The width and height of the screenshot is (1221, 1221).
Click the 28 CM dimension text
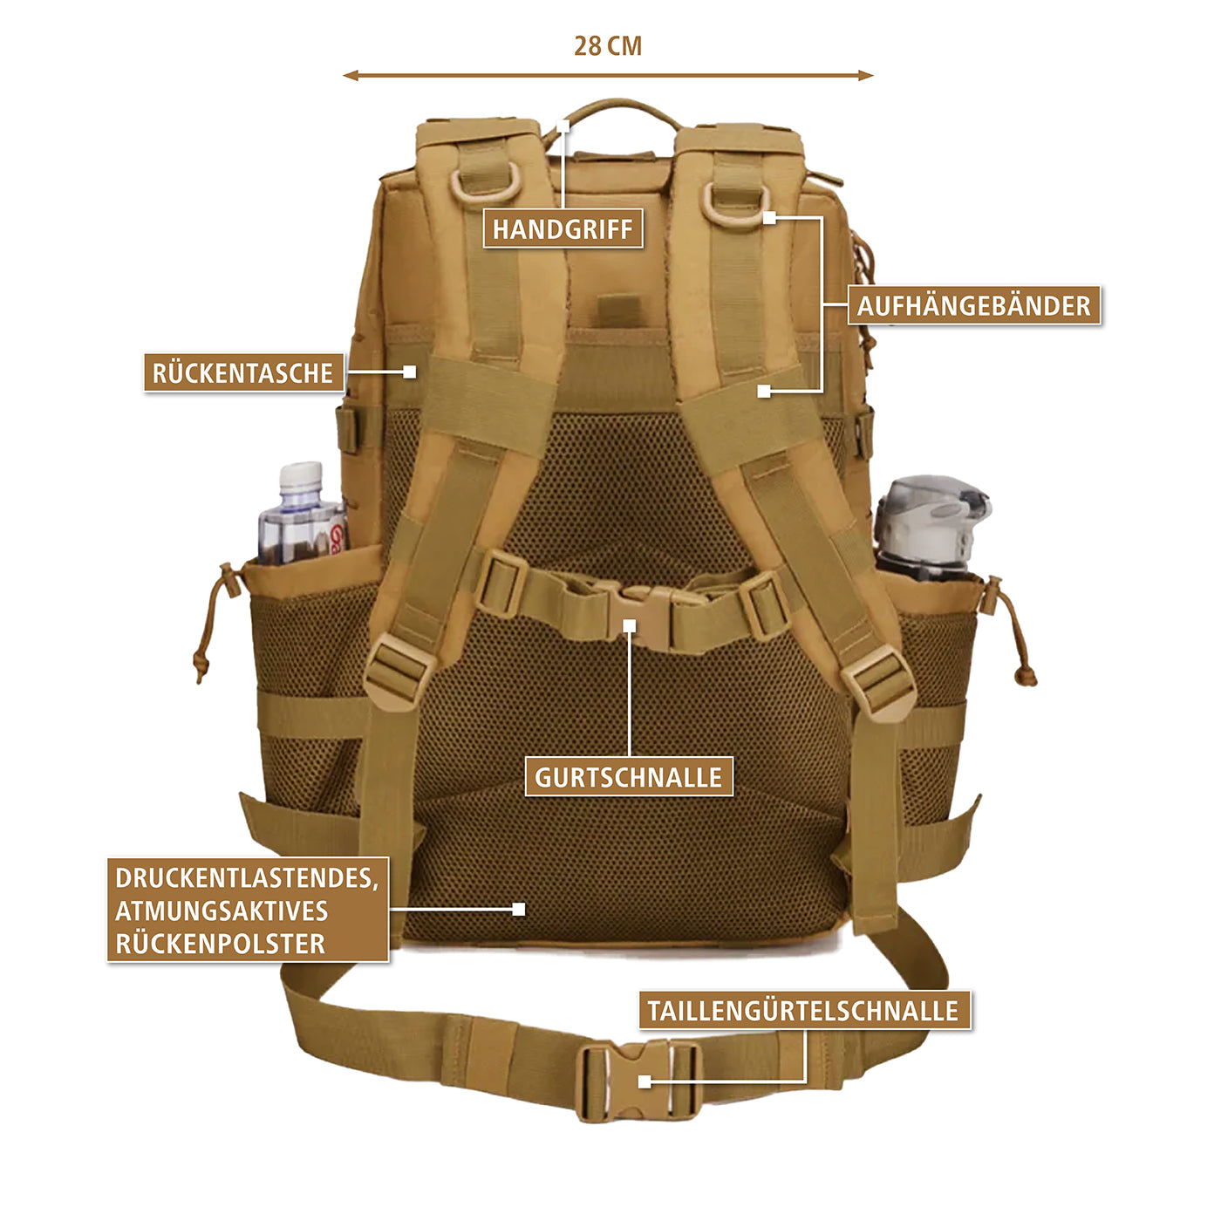click(608, 46)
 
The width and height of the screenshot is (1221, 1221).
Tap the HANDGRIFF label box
click(563, 229)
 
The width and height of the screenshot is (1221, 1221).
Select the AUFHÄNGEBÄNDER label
click(973, 305)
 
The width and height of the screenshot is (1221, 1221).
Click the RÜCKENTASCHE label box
click(243, 372)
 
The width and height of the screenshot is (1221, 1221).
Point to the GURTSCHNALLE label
click(628, 777)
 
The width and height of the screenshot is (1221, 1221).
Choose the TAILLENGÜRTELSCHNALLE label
click(803, 1010)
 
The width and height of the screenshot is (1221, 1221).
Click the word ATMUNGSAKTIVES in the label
click(222, 911)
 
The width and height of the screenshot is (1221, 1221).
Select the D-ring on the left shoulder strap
click(486, 184)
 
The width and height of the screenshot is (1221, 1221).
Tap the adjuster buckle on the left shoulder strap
click(399, 669)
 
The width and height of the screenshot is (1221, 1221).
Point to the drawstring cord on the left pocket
click(212, 624)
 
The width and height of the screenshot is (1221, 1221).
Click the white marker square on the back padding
click(519, 909)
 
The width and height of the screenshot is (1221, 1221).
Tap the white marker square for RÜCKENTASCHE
click(410, 372)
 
